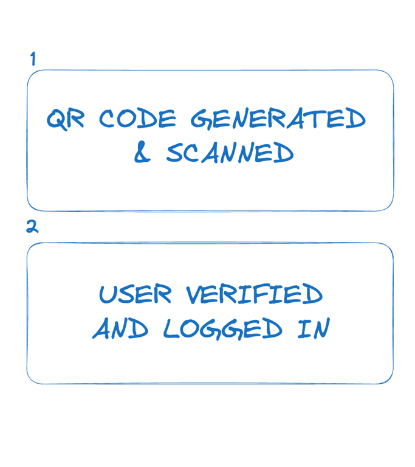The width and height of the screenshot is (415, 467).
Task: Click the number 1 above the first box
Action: click(x=33, y=59)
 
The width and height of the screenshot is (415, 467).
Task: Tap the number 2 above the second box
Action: click(x=32, y=227)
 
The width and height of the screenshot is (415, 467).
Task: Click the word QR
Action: click(x=66, y=119)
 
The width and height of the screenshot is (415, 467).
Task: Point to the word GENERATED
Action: click(x=278, y=119)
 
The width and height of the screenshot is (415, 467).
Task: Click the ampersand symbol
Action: click(x=142, y=153)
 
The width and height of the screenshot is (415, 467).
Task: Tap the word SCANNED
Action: click(x=230, y=153)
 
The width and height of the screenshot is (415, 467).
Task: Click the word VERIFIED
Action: click(x=254, y=295)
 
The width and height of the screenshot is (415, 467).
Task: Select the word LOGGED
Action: click(x=222, y=329)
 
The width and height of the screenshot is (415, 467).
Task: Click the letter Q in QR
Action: click(x=57, y=119)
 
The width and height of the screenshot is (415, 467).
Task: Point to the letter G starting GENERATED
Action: click(x=201, y=120)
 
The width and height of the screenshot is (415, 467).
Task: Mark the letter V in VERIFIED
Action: click(x=195, y=295)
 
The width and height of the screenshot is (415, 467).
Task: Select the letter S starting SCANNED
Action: click(x=175, y=153)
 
